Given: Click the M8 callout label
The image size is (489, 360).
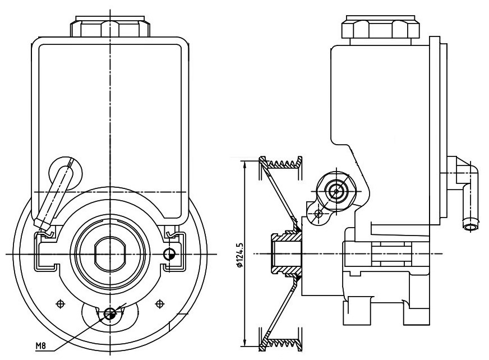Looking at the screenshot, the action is point(41,345).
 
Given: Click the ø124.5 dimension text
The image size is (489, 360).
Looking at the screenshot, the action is point(240,254).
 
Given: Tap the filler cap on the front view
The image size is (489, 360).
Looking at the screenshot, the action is point(110,26).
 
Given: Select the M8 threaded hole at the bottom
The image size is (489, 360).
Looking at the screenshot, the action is point(110,313).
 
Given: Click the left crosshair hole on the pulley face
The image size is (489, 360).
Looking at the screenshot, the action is point(60,303).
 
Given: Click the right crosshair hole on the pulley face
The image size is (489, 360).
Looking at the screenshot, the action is point(160,303).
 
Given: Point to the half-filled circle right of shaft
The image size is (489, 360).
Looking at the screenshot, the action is point(169,254).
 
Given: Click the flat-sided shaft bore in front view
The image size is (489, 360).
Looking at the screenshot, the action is point(110,254).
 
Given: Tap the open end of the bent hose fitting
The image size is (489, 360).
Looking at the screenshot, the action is point(470,227).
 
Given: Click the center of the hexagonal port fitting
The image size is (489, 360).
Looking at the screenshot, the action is point(336,191).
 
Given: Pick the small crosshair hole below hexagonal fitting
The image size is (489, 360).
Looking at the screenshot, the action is point(319,214).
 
